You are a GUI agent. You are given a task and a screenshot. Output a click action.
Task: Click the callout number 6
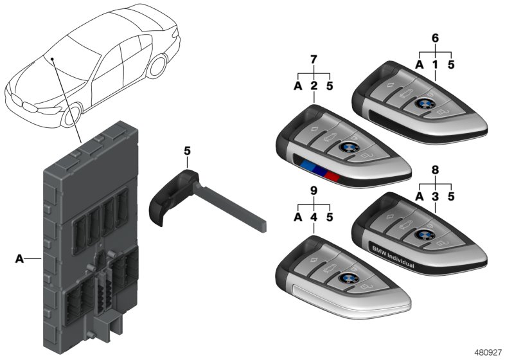(435, 38)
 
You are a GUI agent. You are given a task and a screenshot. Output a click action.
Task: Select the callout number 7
(314, 60)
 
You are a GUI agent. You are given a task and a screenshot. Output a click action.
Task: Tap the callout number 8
(435, 170)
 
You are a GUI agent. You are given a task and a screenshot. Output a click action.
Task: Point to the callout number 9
(314, 191)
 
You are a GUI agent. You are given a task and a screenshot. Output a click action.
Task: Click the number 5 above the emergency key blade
(188, 152)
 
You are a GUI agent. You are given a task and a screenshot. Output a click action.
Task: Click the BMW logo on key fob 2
(347, 147)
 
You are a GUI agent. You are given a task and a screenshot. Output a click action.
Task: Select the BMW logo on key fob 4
(348, 278)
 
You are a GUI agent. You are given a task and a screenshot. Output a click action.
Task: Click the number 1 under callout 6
(435, 64)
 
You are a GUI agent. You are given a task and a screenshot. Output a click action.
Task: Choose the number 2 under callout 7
(314, 85)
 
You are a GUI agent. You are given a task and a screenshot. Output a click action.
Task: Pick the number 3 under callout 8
(435, 196)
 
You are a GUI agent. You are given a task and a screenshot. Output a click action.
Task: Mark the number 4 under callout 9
(314, 217)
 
